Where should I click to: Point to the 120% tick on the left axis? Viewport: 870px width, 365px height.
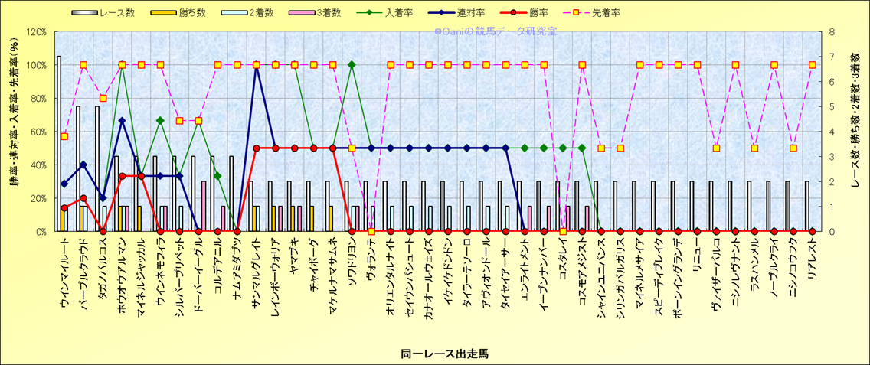(x=36, y=32)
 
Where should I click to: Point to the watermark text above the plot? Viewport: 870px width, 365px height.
(x=496, y=31)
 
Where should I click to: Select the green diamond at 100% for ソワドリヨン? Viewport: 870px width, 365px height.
(x=352, y=65)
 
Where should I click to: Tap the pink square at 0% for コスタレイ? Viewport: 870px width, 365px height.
(x=563, y=231)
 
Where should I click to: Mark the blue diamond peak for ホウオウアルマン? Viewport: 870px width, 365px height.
(x=122, y=120)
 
